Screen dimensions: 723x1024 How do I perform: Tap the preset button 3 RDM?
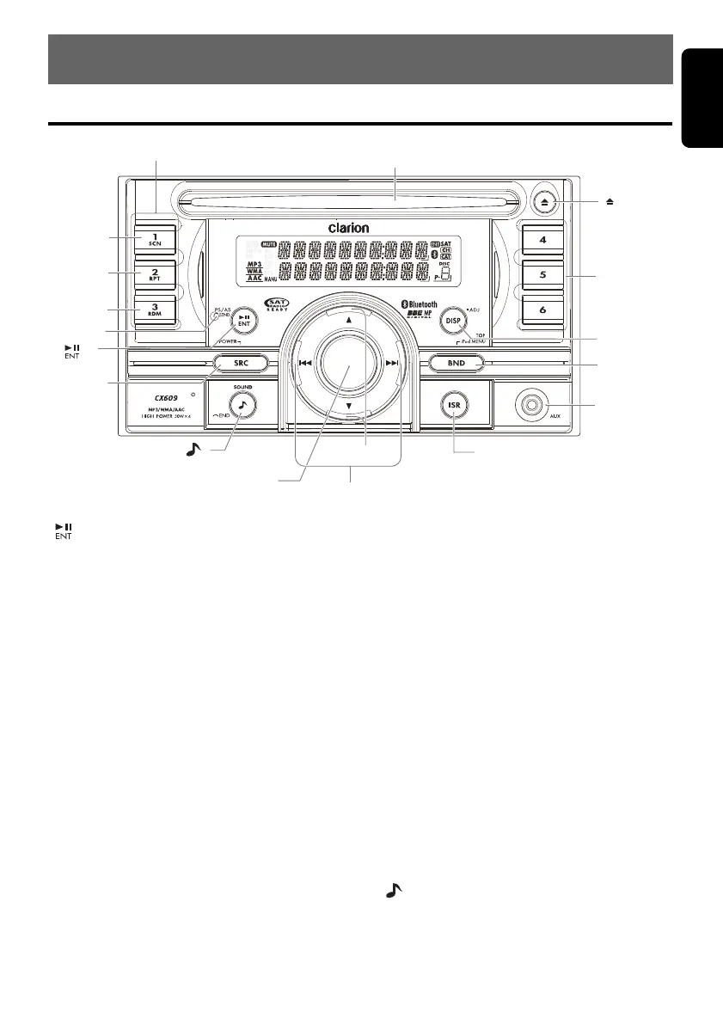pos(156,310)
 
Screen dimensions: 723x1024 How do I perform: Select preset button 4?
pos(542,240)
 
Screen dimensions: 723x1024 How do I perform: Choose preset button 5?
pos(542,276)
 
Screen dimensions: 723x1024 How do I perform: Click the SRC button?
pos(242,364)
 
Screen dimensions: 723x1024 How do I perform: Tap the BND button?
pos(456,364)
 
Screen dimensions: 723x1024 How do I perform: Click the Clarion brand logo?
pos(348,228)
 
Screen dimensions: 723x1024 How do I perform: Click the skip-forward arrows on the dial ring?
pos(392,364)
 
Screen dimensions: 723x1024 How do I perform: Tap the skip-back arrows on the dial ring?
pos(305,364)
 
